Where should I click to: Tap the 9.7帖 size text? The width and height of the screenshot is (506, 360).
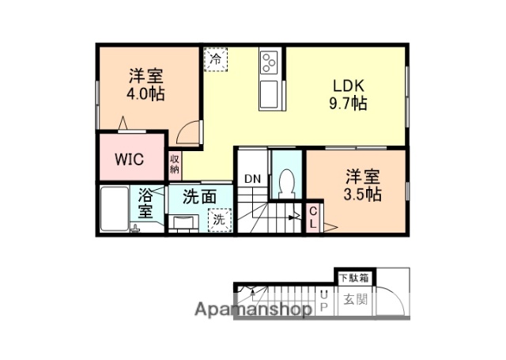pos(348,104)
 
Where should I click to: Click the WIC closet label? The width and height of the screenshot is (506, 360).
pos(129,158)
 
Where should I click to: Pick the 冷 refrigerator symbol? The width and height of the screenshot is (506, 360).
pos(214,58)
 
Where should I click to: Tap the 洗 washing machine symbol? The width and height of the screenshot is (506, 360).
pos(218,220)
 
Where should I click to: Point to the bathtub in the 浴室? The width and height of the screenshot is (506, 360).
pos(115,209)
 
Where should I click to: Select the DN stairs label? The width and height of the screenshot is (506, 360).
pos(252,179)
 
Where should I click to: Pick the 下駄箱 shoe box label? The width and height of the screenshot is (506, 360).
pos(354,278)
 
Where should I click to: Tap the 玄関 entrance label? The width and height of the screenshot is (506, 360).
pos(354,300)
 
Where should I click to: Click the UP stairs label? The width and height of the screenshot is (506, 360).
pos(324,301)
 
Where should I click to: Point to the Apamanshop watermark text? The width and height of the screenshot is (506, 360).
pos(252,309)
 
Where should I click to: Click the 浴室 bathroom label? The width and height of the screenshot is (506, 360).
pos(146,203)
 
